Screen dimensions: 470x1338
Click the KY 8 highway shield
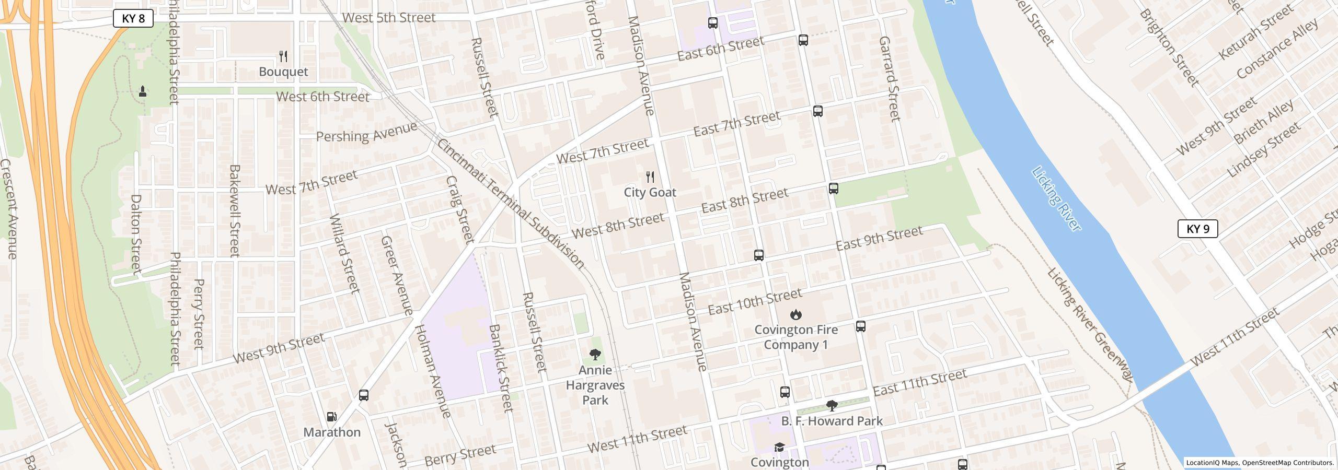133,19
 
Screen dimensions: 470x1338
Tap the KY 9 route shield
1197,229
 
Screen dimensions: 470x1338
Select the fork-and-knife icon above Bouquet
283,56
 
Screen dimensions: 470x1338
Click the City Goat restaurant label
650,192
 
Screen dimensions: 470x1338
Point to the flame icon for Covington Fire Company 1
795,314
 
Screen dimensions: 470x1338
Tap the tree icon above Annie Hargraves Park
595,355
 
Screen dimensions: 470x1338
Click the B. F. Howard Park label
832,421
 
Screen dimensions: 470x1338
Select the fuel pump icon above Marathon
331,417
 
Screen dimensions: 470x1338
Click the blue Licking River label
1056,198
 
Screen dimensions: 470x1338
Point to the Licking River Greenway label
1090,324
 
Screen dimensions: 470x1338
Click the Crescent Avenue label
8,209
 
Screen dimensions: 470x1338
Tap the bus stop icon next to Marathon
364,395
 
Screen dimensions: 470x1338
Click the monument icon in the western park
142,91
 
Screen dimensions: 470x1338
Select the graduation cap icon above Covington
779,447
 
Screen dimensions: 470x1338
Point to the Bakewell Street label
234,210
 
